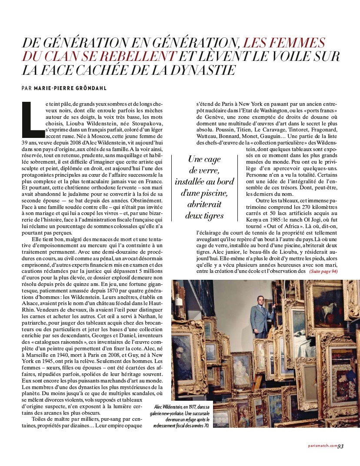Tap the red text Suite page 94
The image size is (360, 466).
click(x=323, y=272)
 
